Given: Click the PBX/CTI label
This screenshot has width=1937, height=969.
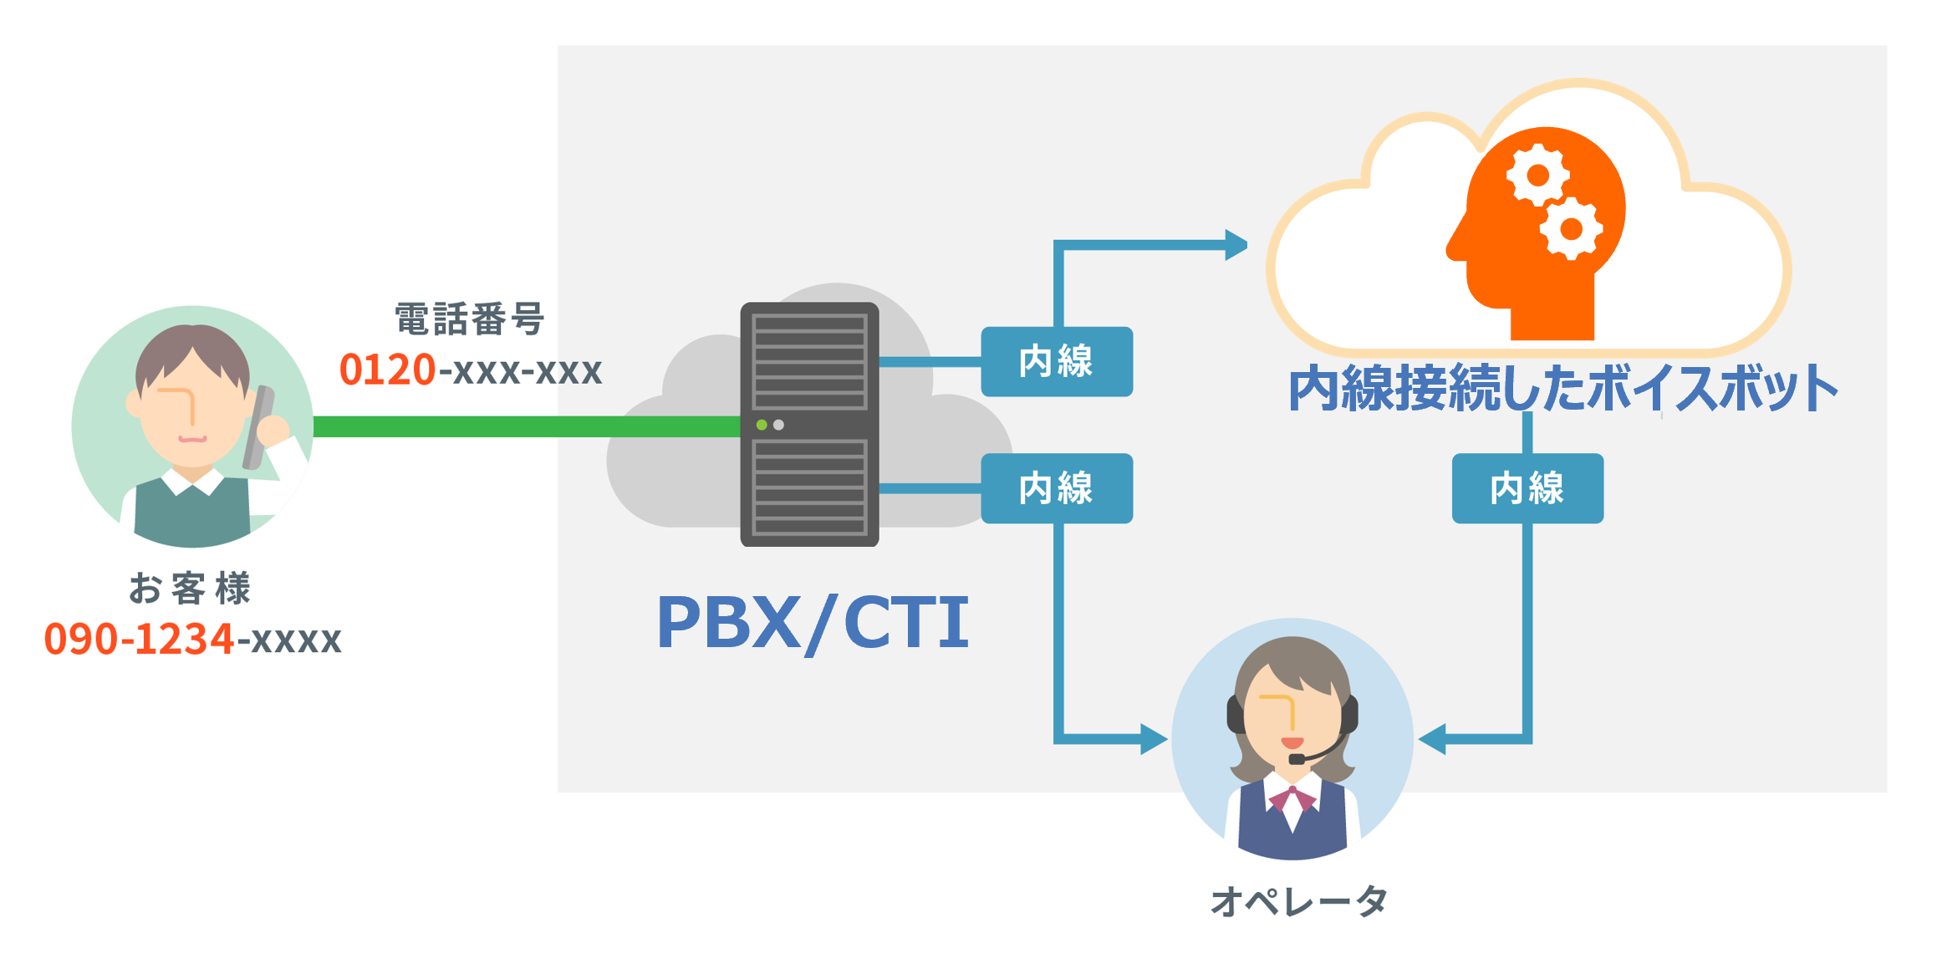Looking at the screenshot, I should pyautogui.click(x=812, y=623).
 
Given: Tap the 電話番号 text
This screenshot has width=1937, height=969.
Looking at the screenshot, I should pyautogui.click(x=469, y=319).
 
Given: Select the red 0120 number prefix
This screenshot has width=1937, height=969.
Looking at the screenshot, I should pyautogui.click(x=387, y=370).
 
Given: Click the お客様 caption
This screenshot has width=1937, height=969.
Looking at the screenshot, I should pyautogui.click(x=190, y=589).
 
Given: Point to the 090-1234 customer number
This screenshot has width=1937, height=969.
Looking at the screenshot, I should pyautogui.click(x=139, y=640).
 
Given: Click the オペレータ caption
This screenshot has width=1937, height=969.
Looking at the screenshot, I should pyautogui.click(x=1298, y=901).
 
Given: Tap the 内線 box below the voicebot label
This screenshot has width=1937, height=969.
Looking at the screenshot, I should pyautogui.click(x=1527, y=488).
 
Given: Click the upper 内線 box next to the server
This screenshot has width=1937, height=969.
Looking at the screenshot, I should pyautogui.click(x=1056, y=361).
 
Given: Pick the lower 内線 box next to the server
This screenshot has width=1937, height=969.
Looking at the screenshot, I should pyautogui.click(x=1056, y=488).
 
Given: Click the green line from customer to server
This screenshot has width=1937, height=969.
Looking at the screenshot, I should pyautogui.click(x=527, y=426).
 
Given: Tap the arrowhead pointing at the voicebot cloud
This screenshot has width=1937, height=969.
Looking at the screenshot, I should pyautogui.click(x=1236, y=245).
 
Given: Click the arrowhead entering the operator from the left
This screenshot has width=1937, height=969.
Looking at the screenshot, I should pyautogui.click(x=1154, y=739).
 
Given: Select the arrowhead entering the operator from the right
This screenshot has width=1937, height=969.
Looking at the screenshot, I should pyautogui.click(x=1433, y=739).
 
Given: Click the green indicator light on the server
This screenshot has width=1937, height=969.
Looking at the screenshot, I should pyautogui.click(x=762, y=425).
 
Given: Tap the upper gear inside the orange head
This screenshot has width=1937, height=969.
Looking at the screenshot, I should pyautogui.click(x=1537, y=176).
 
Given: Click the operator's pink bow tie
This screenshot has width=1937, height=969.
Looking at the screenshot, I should pyautogui.click(x=1292, y=798).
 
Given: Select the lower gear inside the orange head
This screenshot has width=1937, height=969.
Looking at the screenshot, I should pyautogui.click(x=1571, y=228).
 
